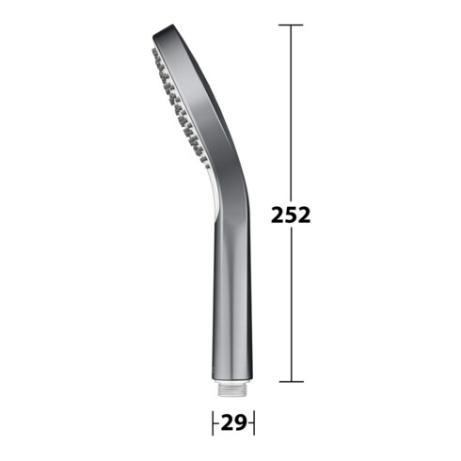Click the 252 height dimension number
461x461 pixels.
pyautogui.click(x=291, y=215)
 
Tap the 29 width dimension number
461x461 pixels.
pyautogui.click(x=233, y=422)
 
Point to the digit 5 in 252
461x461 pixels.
pyautogui.click(x=291, y=215)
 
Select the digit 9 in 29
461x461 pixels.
pyautogui.click(x=241, y=422)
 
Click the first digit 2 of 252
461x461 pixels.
pyautogui.click(x=278, y=215)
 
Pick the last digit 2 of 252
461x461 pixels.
pyautogui.click(x=304, y=215)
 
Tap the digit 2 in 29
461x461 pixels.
pyautogui.click(x=228, y=422)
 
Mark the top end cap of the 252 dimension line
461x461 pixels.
pyautogui.click(x=291, y=24)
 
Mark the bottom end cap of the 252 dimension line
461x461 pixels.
pyautogui.click(x=291, y=382)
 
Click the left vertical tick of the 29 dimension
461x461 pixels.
pyautogui.click(x=213, y=422)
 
